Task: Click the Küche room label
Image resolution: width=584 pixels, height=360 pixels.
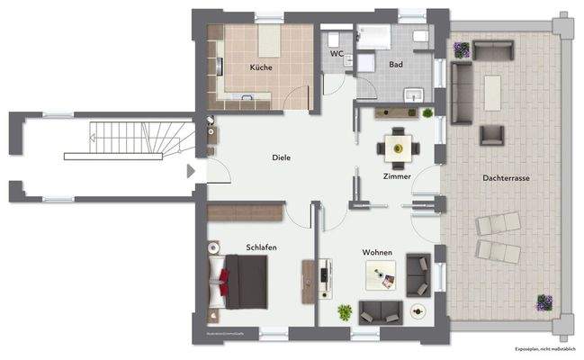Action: coord(262,67)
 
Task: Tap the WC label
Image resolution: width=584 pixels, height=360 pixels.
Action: coord(337,53)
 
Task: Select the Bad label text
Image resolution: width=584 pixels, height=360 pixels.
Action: coord(396,65)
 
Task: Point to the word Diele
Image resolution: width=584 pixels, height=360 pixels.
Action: coord(282,157)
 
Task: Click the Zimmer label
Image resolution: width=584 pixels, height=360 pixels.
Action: coord(396,176)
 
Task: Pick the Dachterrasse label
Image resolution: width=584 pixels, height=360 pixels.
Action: coord(506,178)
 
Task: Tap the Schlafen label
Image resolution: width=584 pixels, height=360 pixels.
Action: coord(261,247)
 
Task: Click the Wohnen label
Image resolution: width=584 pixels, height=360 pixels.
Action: coord(377,253)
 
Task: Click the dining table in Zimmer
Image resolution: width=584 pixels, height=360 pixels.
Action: coord(396,145)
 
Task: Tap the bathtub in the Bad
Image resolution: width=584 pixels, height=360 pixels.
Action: coord(373,35)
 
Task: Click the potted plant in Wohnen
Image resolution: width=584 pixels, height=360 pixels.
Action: coord(345,312)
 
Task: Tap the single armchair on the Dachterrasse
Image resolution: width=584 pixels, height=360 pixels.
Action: coord(491,135)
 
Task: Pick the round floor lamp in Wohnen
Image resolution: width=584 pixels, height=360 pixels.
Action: coord(418,311)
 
